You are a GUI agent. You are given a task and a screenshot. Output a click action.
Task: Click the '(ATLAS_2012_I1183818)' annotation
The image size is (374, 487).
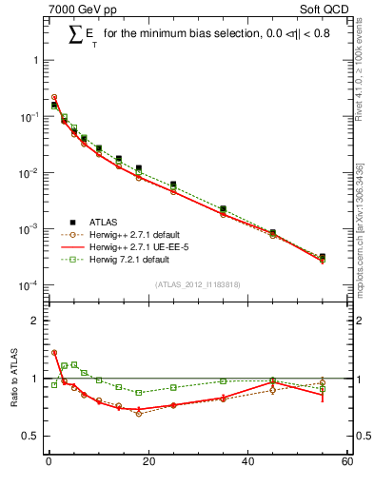click(197, 284)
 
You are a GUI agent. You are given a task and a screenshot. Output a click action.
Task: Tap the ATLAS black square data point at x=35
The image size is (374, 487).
click(223, 208)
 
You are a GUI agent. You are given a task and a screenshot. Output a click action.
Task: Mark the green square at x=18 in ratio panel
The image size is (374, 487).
click(138, 392)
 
